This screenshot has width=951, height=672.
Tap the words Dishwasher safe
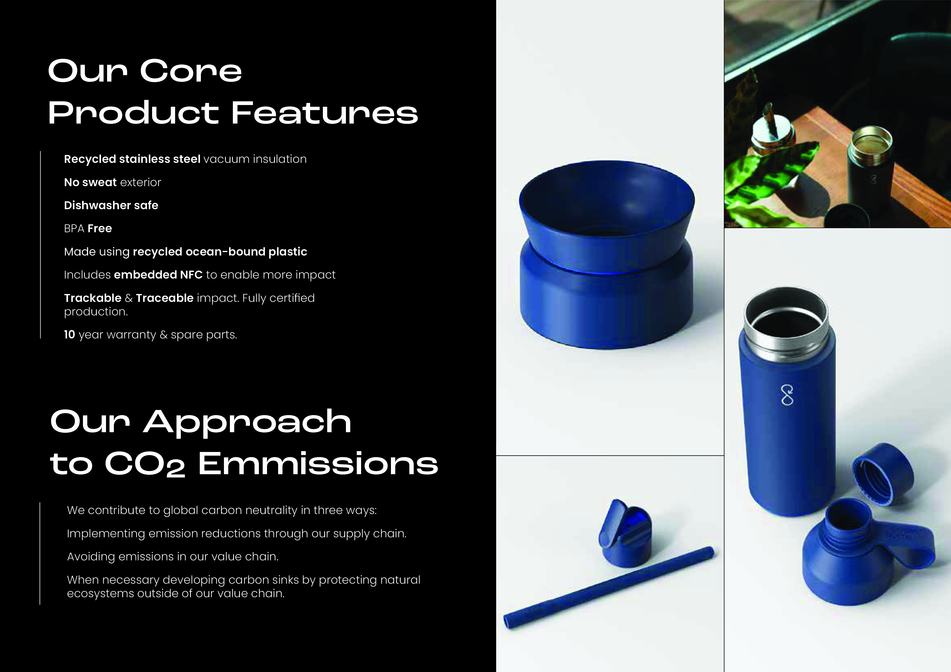tap(111, 205)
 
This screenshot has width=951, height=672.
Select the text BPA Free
tap(88, 228)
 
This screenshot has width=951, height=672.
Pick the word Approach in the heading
tap(248, 422)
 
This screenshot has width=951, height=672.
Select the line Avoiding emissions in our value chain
tap(173, 557)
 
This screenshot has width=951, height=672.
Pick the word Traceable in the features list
tap(165, 298)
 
